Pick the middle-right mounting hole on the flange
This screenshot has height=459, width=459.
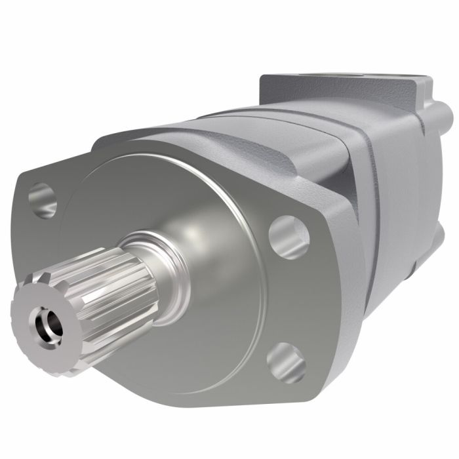click(289, 231)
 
